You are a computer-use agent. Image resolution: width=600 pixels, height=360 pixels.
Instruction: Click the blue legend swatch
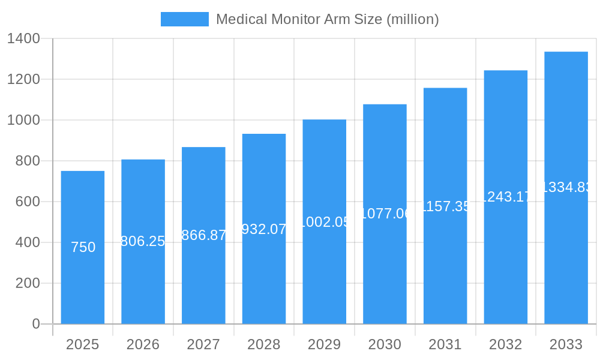(184, 19)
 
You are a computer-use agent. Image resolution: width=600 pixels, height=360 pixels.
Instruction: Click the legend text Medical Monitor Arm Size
(327, 19)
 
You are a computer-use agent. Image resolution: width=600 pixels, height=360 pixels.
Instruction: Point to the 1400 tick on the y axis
(23, 39)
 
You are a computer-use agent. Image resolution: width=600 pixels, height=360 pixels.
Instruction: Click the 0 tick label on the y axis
(35, 324)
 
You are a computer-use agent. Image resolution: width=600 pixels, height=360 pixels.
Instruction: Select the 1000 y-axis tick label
(23, 120)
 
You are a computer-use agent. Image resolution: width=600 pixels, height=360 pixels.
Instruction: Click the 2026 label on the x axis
(143, 344)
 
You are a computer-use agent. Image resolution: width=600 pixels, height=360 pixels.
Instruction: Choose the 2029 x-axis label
(324, 344)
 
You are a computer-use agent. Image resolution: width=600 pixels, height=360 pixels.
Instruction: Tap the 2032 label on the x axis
(505, 344)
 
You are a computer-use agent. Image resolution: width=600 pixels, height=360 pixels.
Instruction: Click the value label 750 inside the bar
(83, 247)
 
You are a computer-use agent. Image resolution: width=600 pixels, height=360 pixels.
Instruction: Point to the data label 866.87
(203, 235)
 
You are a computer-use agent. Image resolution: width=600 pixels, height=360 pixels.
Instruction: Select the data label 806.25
(143, 241)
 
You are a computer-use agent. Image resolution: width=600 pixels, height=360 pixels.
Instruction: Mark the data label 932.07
(264, 229)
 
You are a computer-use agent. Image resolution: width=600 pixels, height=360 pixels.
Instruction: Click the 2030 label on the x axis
(385, 344)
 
